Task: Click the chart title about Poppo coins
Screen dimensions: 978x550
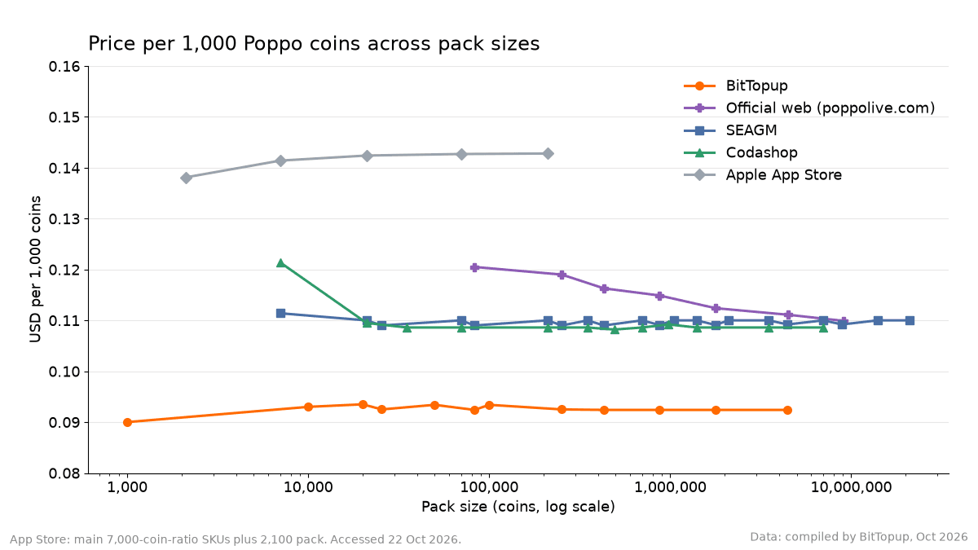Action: (x=314, y=44)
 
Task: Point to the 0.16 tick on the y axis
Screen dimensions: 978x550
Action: (x=64, y=66)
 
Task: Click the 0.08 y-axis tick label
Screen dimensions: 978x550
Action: (x=64, y=473)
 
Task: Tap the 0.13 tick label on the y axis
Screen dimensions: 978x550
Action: (x=64, y=219)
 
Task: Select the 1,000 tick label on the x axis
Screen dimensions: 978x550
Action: (x=127, y=487)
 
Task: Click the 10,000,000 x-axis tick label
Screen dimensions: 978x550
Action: (x=851, y=487)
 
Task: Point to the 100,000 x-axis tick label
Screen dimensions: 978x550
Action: (x=489, y=487)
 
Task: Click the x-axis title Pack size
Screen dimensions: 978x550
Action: (x=518, y=507)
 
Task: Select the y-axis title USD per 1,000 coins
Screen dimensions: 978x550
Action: (x=35, y=270)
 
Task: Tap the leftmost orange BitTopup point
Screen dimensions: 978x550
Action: (x=127, y=422)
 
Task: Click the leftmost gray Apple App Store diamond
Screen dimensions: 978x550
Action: (x=187, y=178)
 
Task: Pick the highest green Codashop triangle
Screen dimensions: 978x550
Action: (x=280, y=262)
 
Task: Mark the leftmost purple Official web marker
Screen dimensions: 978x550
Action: (x=474, y=267)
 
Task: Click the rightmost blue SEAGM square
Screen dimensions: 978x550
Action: (x=910, y=320)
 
